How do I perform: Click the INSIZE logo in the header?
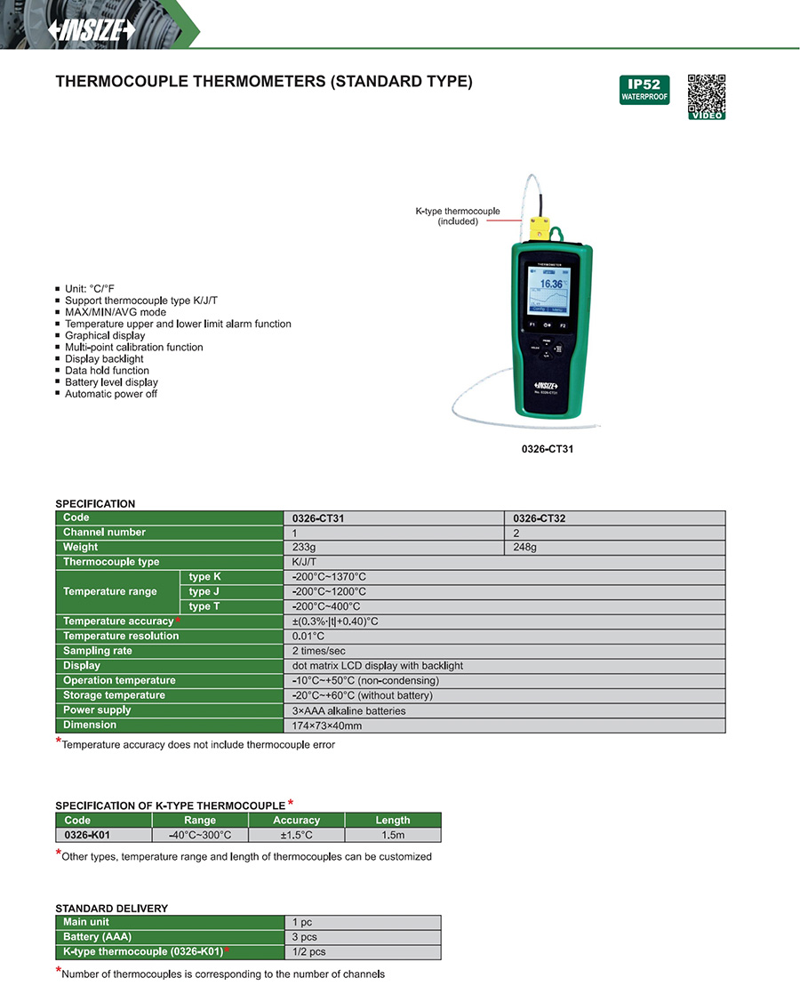[x=92, y=29]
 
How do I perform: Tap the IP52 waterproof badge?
[x=644, y=90]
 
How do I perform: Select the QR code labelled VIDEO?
[x=707, y=95]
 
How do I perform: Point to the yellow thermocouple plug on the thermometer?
[x=540, y=229]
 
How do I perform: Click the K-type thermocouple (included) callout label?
[x=458, y=216]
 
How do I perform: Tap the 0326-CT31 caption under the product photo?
[x=548, y=449]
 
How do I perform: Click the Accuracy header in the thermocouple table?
[x=296, y=820]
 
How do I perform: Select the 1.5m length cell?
[x=392, y=835]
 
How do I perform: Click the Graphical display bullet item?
[x=105, y=336]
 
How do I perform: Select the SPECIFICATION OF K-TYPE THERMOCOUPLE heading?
[x=170, y=806]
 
